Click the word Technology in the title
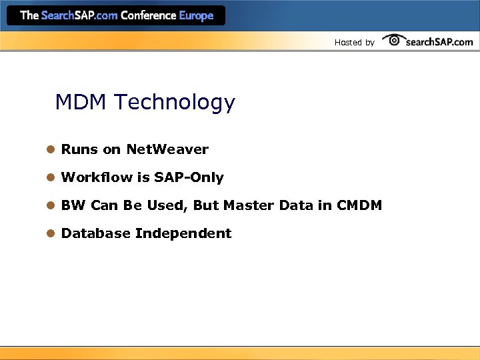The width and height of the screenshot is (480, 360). tap(174, 103)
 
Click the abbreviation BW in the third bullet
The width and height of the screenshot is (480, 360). tap(73, 205)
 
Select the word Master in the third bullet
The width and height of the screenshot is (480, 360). tap(248, 205)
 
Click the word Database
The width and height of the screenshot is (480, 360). tap(95, 233)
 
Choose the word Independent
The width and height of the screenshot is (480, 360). tap(183, 233)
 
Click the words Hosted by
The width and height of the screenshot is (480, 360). tap(354, 43)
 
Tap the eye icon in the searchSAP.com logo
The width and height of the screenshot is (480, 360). tap(394, 40)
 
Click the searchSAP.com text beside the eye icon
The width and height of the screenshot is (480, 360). tap(439, 41)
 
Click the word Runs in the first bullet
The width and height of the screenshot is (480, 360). tap(79, 149)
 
